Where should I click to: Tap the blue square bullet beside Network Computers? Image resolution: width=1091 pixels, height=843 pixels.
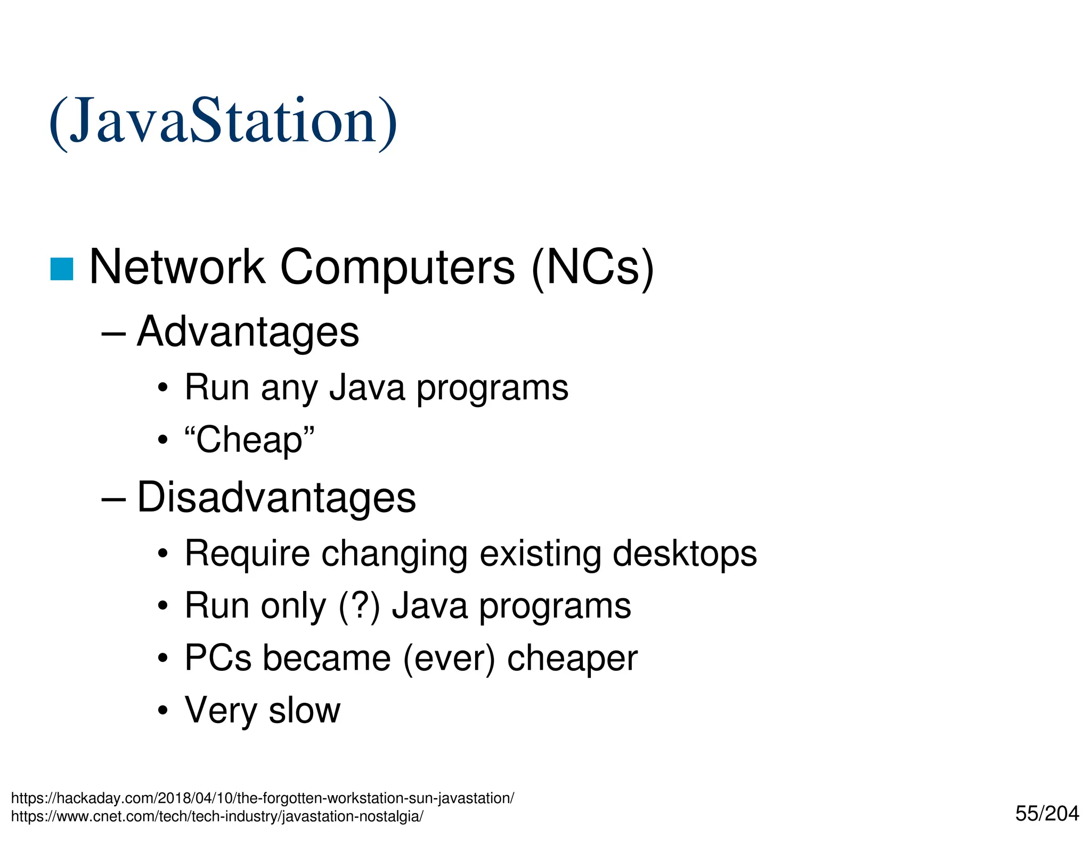click(x=61, y=269)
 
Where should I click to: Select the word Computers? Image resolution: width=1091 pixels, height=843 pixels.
click(x=397, y=268)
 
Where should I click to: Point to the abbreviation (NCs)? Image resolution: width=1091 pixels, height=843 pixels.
click(x=592, y=268)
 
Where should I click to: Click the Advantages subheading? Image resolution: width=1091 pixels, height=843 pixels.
click(x=248, y=332)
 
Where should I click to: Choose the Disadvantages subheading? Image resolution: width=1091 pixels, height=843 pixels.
click(x=276, y=498)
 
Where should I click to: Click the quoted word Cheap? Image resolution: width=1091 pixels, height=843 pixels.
click(x=249, y=440)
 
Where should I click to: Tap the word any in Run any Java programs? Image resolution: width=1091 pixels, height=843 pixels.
click(x=289, y=388)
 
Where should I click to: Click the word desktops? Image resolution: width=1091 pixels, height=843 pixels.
click(x=685, y=554)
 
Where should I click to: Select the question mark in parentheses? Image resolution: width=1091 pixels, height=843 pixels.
click(x=360, y=606)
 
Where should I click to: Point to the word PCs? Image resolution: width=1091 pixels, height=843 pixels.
click(x=218, y=658)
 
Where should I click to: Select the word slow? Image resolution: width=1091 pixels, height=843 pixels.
click(x=304, y=710)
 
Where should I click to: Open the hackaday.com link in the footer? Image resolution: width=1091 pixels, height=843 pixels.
click(x=262, y=798)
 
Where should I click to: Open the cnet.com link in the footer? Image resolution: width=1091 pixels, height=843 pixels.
click(x=217, y=816)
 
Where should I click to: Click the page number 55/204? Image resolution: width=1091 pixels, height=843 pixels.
click(x=1047, y=814)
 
